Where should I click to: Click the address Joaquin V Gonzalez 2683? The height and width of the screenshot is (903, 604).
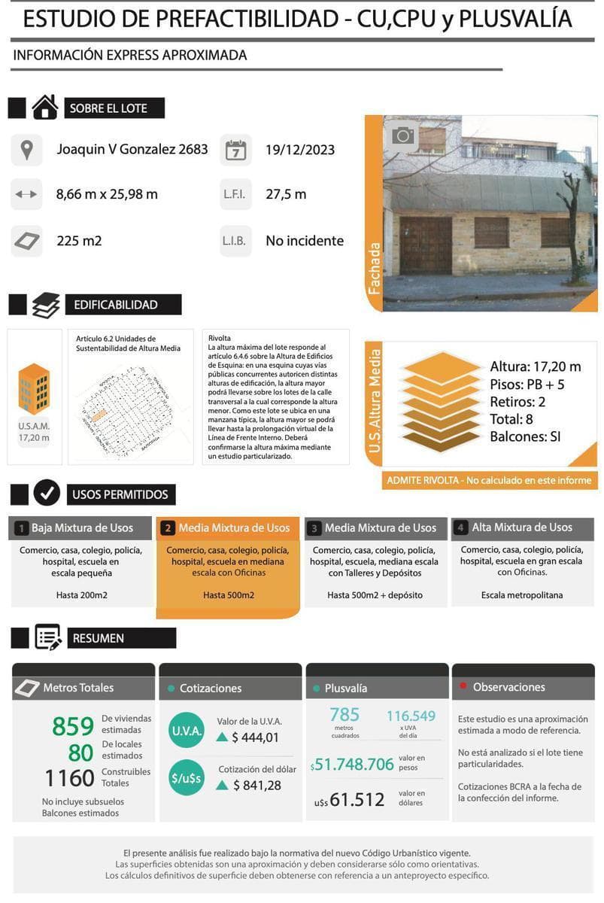click(132, 149)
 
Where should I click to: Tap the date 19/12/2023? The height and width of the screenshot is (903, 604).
click(300, 149)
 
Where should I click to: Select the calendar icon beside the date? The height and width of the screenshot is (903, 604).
click(236, 150)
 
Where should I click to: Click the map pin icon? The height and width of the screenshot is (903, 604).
click(27, 150)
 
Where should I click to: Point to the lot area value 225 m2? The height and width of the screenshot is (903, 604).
click(79, 241)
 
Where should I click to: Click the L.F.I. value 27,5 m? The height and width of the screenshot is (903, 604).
click(286, 194)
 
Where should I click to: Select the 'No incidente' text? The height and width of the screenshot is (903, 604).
click(305, 241)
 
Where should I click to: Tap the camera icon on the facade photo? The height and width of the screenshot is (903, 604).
click(402, 135)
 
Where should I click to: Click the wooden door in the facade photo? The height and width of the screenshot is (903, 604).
click(425, 245)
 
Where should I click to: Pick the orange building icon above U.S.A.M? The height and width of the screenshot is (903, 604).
click(34, 388)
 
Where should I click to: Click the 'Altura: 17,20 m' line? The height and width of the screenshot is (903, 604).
click(535, 366)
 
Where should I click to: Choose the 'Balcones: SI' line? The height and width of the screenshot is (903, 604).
click(525, 436)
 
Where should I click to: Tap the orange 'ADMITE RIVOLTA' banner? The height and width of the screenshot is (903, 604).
click(489, 480)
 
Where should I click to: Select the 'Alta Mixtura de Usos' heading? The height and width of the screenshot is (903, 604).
click(522, 528)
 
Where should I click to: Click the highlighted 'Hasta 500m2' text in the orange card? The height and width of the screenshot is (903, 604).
click(229, 595)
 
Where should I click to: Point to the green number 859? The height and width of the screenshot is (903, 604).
click(73, 727)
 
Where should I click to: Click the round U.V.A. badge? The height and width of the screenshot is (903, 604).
click(186, 731)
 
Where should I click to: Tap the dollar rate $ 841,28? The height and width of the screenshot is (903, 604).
click(256, 786)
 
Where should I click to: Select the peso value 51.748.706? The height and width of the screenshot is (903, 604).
click(354, 765)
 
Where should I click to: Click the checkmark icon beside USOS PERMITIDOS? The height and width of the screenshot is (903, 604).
click(47, 494)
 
